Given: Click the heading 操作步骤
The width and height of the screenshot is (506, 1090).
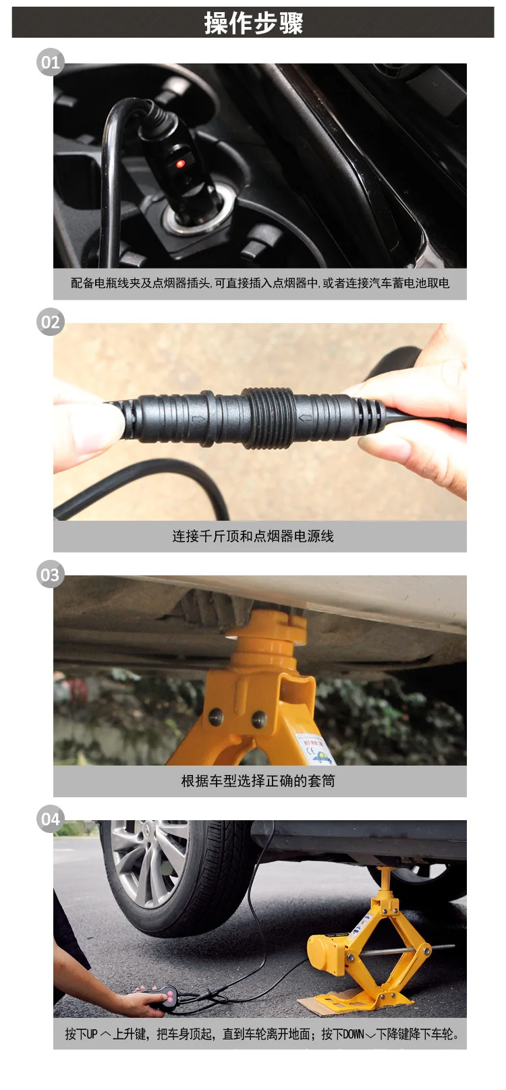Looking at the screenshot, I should coord(253,23).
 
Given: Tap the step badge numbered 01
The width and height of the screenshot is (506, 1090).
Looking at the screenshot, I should coord(50,63).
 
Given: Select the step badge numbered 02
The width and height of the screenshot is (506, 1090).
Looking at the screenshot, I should coord(50,322).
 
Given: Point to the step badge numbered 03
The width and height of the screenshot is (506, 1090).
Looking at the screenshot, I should coord(50,575).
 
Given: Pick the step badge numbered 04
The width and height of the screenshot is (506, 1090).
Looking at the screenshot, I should coord(50,819).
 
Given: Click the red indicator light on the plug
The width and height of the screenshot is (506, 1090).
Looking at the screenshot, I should coord(180,164).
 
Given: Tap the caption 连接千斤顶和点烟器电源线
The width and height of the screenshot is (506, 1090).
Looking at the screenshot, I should coord(253,536).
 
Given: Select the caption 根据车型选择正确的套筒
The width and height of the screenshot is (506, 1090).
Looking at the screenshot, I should coord(258,781).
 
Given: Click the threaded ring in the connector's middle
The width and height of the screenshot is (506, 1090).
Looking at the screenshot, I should coord(268,418).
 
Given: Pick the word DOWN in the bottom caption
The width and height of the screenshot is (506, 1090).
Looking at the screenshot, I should coord(354,1034).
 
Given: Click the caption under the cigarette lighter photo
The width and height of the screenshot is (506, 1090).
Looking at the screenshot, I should coord(260,283).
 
